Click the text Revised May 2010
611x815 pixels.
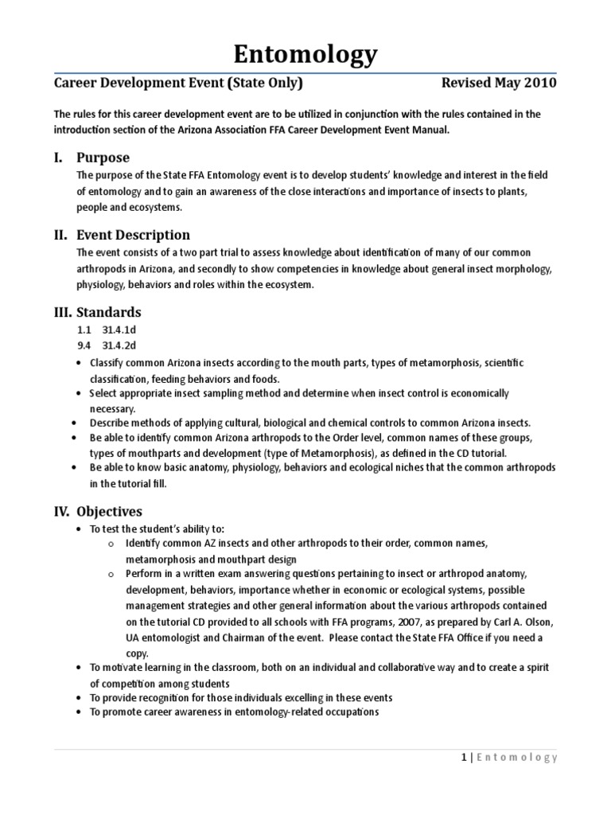click(499, 84)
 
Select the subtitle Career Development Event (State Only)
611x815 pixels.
click(177, 84)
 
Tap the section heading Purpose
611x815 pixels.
click(103, 157)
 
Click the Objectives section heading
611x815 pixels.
click(110, 511)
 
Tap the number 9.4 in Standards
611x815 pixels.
click(84, 346)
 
